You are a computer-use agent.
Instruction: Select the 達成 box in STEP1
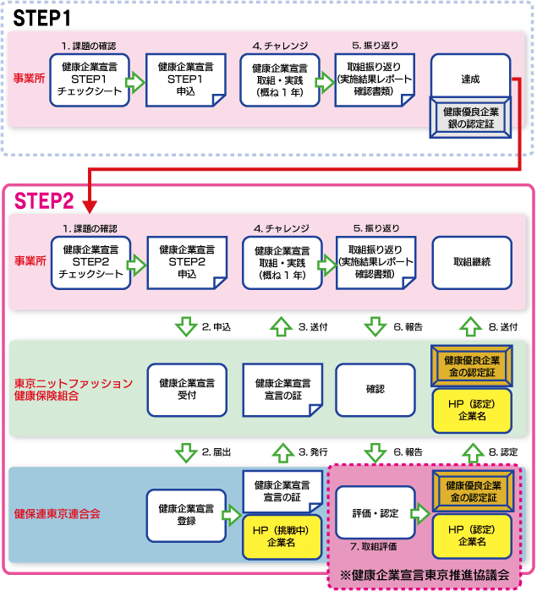click(471, 79)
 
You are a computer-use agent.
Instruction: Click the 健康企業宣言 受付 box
click(186, 389)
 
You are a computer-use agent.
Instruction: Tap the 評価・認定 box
click(373, 513)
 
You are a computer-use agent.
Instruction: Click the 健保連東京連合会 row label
click(57, 513)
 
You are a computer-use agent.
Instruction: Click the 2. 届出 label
click(216, 452)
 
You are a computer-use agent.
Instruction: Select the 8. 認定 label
click(504, 452)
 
